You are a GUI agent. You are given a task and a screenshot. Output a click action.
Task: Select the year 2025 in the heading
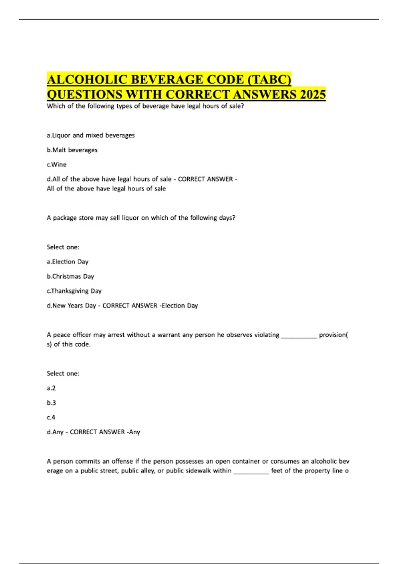(313, 95)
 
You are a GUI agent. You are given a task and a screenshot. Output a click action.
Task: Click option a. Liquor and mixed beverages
(91, 135)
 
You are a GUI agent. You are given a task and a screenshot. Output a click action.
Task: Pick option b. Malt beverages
(72, 150)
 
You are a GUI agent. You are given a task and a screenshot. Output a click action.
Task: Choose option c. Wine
(56, 165)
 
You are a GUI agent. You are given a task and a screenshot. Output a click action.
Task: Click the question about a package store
(141, 218)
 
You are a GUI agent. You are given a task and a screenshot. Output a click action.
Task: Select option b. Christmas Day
(70, 276)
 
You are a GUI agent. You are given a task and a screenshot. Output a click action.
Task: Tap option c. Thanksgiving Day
(74, 291)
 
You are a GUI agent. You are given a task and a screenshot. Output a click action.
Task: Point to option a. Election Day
(67, 262)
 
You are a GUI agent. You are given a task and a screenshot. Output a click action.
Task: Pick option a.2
(51, 388)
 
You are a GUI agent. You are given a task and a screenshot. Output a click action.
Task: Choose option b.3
(51, 403)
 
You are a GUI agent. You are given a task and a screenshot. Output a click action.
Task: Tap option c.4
(51, 417)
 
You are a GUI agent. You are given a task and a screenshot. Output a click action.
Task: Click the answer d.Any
(55, 432)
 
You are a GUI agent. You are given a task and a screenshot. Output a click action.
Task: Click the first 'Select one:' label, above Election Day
(63, 247)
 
